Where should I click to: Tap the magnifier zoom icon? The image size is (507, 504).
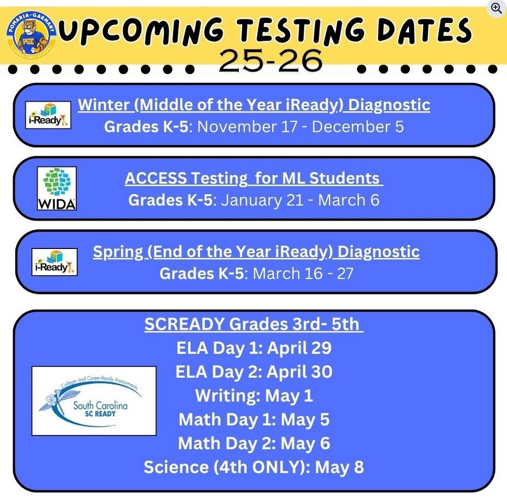tap(497, 8)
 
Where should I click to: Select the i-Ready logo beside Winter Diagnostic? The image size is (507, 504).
tap(48, 115)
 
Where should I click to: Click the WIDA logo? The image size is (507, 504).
tap(56, 189)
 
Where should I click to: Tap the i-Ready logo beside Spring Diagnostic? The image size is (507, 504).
tap(54, 262)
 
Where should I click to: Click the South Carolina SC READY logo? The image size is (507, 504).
tap(94, 401)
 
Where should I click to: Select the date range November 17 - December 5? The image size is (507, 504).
tap(300, 127)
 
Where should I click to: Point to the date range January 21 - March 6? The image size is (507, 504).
tap(300, 200)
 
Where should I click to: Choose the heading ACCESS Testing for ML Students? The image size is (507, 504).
tap(253, 178)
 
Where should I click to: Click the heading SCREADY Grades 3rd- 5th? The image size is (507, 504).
tap(253, 324)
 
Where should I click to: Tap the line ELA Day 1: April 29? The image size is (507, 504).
tap(254, 348)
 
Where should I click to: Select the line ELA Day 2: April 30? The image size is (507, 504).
tap(254, 372)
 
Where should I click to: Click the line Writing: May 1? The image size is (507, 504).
tap(254, 395)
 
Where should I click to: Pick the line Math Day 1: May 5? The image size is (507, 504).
tap(254, 420)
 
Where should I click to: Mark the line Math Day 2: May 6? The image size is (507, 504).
tap(254, 443)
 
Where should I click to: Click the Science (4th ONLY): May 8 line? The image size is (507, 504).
tap(254, 467)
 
